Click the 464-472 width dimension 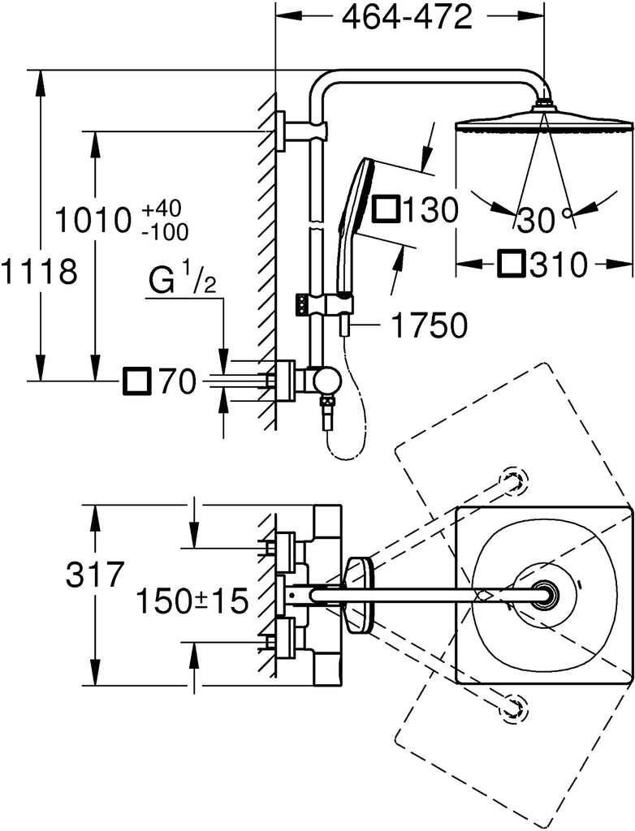[408, 19]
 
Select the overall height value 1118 [40, 273]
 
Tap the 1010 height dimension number [93, 220]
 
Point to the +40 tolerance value [162, 209]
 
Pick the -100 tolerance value [166, 232]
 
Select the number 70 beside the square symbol [178, 381]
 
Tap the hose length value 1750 [430, 325]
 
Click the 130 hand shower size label [430, 210]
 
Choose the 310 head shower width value [558, 265]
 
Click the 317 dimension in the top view [95, 575]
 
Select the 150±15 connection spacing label [192, 601]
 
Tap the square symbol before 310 [512, 264]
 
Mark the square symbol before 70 [136, 381]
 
